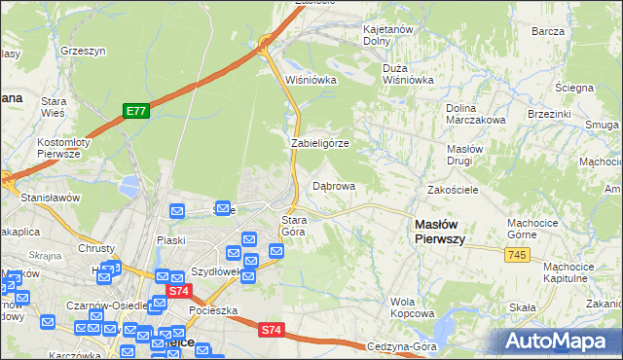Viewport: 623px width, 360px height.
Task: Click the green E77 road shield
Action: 135,112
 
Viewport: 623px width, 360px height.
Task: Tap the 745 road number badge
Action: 517,254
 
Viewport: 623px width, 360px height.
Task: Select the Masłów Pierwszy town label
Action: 440,230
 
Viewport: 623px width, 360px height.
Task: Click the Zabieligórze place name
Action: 320,143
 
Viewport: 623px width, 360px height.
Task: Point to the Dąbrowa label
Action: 334,185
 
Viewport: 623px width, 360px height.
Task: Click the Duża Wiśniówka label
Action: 409,75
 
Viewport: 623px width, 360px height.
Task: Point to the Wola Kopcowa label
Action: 412,307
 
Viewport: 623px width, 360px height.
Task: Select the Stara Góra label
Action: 294,226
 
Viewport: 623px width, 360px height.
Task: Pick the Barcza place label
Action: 549,31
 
